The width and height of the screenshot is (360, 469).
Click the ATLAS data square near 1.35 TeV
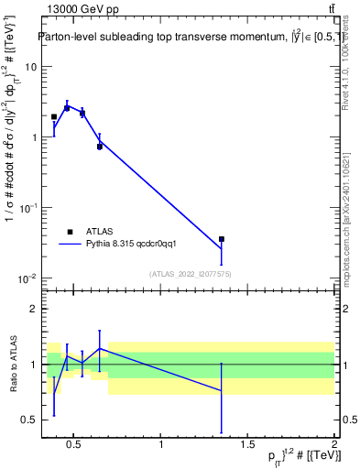pyautogui.click(x=222, y=239)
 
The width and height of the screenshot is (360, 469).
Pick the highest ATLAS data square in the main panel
pyautogui.click(x=67, y=107)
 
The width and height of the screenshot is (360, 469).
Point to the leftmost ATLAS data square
pyautogui.click(x=54, y=116)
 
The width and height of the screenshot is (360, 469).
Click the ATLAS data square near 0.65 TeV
pyautogui.click(x=99, y=146)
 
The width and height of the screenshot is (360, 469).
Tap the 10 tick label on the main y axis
pyautogui.click(x=30, y=67)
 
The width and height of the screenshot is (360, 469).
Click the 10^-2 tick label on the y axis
pyautogui.click(x=27, y=278)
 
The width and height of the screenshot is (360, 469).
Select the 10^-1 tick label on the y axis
pyautogui.click(x=27, y=208)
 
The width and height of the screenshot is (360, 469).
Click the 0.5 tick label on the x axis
pyautogui.click(x=76, y=444)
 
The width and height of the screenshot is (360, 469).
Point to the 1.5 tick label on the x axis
pyautogui.click(x=248, y=444)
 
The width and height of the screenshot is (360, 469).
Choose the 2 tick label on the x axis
pyautogui.click(x=334, y=444)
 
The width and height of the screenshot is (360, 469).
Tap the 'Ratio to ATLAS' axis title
pyautogui.click(x=12, y=364)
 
